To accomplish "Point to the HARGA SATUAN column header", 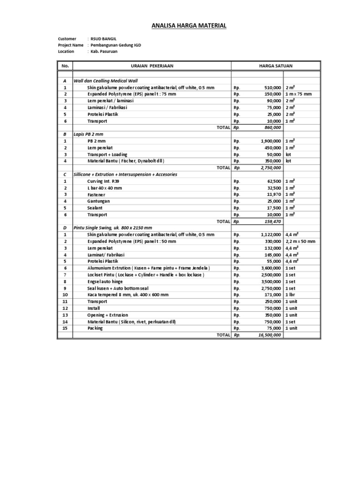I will click(276, 66).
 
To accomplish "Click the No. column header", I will click(65, 66).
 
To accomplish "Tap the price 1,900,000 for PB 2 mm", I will click(270, 141).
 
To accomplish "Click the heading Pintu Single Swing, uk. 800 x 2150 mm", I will click(113, 228).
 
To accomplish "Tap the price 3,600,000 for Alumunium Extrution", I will click(270, 268).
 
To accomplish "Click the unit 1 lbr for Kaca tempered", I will click(291, 295).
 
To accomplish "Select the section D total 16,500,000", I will click(269, 335).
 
